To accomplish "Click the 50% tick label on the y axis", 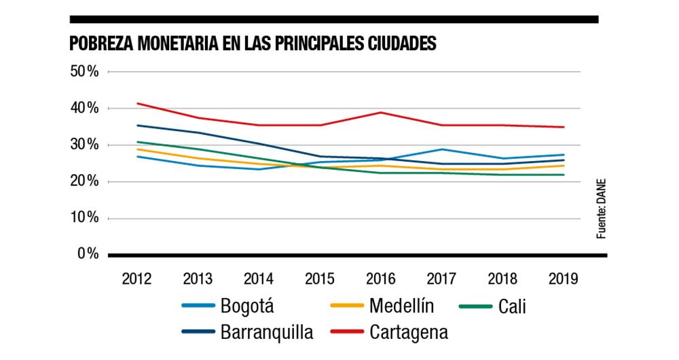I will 85,71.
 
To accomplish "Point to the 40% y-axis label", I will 85,108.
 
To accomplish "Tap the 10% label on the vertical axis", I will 85,218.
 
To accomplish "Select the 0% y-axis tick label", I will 88,254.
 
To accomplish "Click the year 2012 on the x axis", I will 136,278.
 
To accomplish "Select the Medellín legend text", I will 401,306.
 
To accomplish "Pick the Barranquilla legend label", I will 267,332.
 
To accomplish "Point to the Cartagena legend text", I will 409,333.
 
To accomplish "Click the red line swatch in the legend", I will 347,332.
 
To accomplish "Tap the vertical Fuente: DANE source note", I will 601,208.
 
